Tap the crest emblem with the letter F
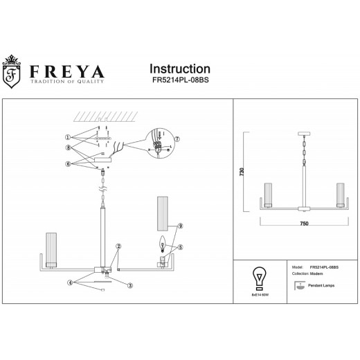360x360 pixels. [x=12, y=74]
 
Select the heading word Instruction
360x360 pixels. [x=180, y=69]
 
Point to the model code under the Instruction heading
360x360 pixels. [x=180, y=81]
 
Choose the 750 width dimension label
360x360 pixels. [x=303, y=224]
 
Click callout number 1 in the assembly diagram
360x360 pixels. [x=68, y=136]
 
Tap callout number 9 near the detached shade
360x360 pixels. [x=179, y=226]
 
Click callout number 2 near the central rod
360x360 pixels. [x=118, y=246]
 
